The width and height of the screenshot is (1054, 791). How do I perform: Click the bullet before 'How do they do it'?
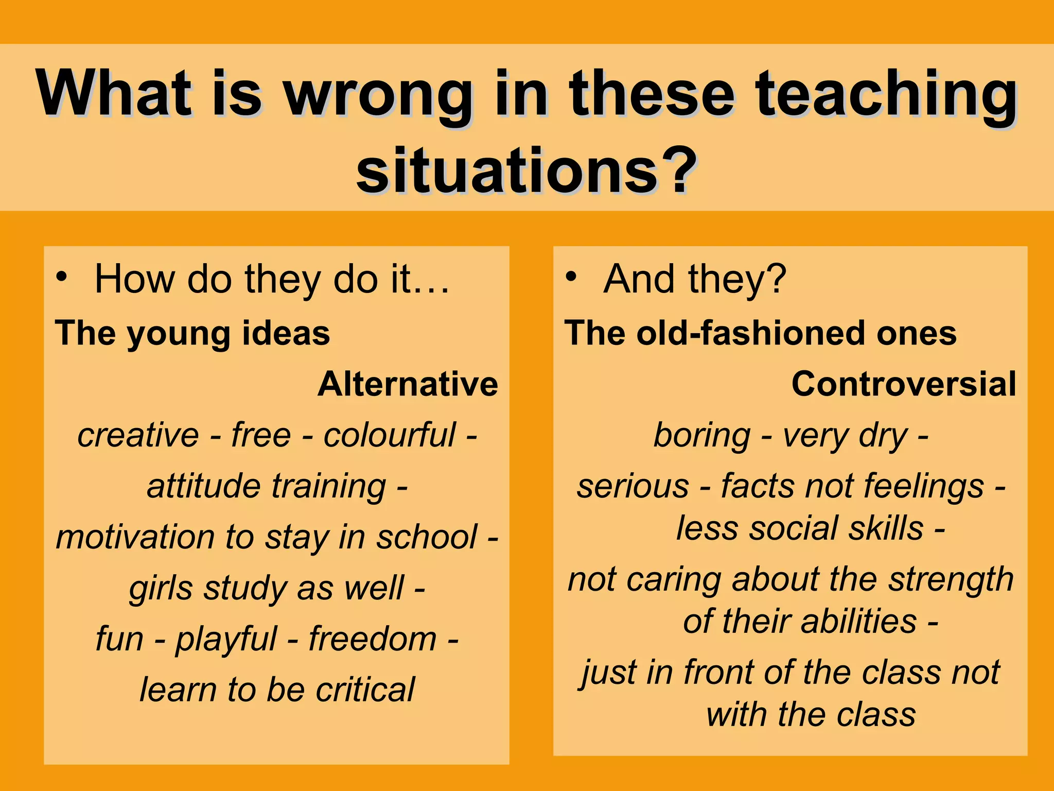pos(62,277)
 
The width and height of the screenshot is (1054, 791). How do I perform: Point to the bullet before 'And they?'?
pos(571,277)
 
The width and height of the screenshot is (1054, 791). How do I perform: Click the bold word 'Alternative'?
pos(408,384)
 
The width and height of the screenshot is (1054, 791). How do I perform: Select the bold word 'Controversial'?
pos(904,384)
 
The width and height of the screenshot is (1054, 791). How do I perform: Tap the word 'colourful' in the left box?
pos(389,435)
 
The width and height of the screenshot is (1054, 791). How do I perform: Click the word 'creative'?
pos(138,435)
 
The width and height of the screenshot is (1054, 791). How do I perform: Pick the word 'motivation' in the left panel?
pos(135,537)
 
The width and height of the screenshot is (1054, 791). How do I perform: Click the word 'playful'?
pos(226,639)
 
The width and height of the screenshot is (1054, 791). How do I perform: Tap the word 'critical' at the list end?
pos(365,690)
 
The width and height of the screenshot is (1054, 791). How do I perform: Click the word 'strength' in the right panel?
pos(951,579)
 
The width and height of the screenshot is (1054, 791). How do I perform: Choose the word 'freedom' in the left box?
pos(373,639)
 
